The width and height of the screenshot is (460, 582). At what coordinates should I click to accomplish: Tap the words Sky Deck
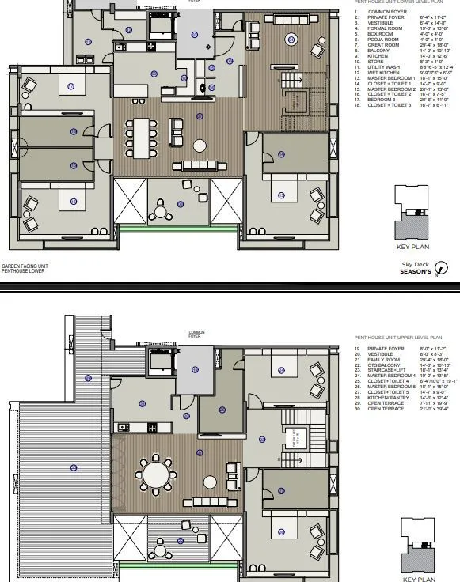(x=414, y=265)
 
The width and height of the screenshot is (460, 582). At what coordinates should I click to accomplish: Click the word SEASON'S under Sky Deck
(x=416, y=271)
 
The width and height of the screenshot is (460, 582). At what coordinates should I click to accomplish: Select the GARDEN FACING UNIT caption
(x=24, y=266)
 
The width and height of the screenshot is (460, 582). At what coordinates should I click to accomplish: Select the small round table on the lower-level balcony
(x=162, y=211)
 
